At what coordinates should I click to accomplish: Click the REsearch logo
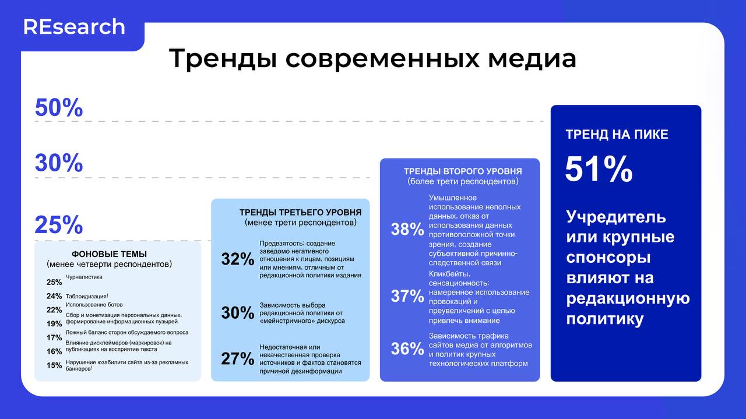coord(74,27)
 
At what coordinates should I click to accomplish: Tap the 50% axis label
coord(59,108)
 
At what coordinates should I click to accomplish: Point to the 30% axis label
coord(59,163)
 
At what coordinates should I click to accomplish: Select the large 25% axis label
coord(59,225)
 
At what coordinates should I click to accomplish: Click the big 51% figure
coord(599,170)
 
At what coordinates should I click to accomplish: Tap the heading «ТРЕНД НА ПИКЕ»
coord(617,135)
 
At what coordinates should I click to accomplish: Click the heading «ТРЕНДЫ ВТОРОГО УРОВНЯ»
coord(463,171)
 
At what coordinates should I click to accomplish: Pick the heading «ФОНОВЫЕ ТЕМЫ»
coord(109,254)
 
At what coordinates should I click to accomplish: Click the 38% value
coord(407,230)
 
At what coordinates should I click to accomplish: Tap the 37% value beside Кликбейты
coord(407,296)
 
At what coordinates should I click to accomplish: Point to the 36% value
coord(407,348)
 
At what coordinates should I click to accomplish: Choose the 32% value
coord(238,259)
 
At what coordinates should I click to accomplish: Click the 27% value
coord(238,358)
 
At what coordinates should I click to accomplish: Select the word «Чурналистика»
coord(84,277)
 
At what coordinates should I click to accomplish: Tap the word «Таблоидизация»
coord(86,296)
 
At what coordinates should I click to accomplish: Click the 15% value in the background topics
coord(54,365)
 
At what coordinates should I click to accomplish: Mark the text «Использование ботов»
coord(94,305)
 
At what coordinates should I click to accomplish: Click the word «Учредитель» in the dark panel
coord(616,217)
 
